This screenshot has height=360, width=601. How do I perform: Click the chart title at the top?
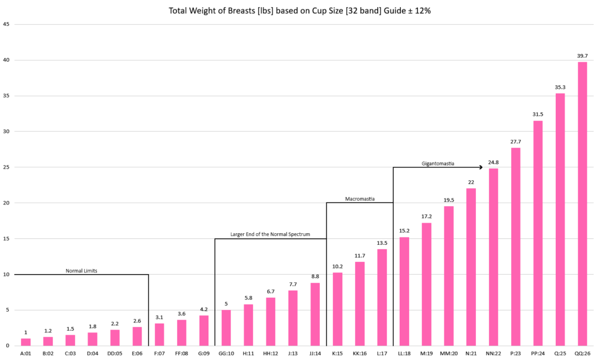300,11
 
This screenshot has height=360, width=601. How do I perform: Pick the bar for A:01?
26,342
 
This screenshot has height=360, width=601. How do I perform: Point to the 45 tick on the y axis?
6,24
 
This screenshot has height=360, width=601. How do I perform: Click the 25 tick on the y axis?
6,167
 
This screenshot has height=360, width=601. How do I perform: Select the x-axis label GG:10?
226,354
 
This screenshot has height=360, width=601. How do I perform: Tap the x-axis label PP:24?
538,354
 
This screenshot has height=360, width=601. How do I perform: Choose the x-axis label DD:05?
115,354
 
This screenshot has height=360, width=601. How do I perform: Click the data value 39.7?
582,56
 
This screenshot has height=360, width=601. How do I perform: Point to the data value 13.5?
382,243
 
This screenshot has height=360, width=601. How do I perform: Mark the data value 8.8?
315,277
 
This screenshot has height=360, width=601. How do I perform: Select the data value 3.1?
160,317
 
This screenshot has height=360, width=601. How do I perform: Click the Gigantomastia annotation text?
438,163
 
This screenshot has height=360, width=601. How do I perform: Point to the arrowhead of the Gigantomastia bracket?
481,167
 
